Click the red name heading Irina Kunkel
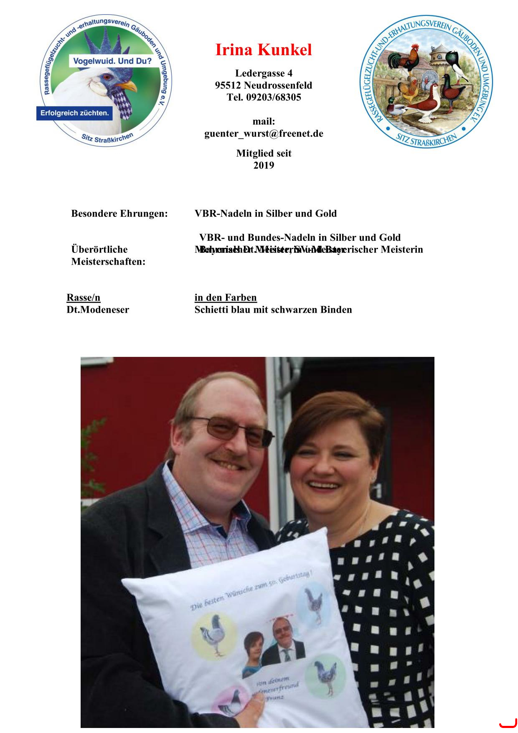click(x=264, y=50)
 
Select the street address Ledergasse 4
click(x=264, y=74)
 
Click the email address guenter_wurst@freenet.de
click(x=264, y=134)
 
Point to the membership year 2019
click(x=264, y=165)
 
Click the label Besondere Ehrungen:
click(x=119, y=214)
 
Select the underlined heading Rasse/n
click(x=84, y=298)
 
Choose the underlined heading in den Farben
click(x=226, y=298)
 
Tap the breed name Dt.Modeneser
click(x=98, y=310)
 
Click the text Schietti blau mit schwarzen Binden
click(x=273, y=310)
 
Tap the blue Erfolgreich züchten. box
click(x=74, y=113)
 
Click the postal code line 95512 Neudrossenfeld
click(x=264, y=86)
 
